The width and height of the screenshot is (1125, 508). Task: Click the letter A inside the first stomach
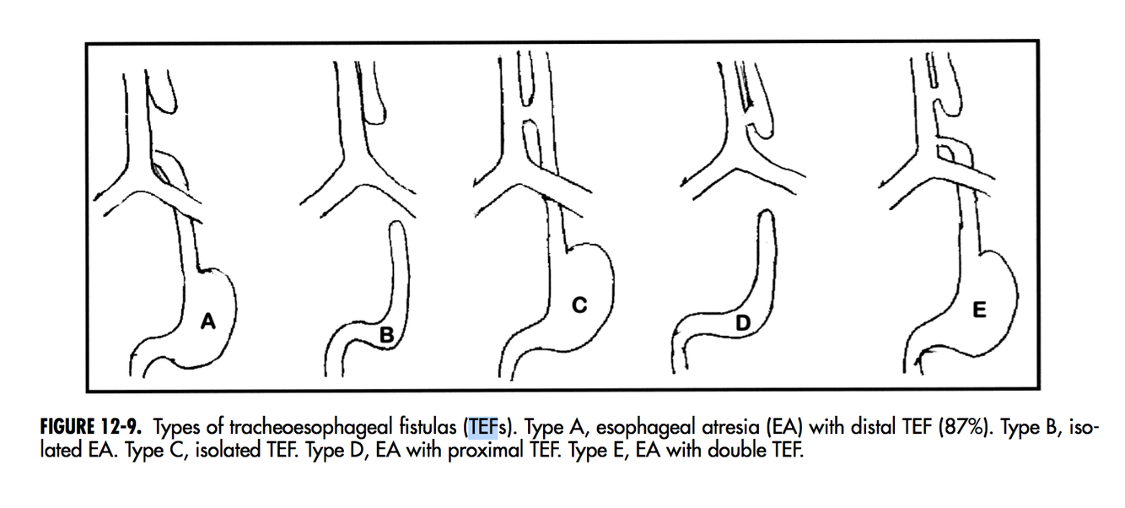click(208, 321)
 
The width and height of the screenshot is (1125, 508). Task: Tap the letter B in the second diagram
click(386, 336)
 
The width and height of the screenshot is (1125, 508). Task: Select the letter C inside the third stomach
click(579, 306)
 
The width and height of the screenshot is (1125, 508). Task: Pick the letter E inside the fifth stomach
click(978, 311)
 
